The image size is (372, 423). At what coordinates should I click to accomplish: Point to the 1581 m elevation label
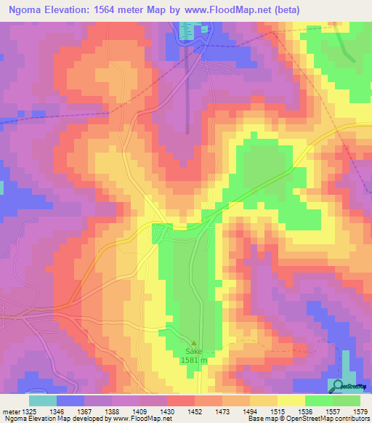[x=195, y=360]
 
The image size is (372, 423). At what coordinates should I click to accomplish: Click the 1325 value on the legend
[x=30, y=412]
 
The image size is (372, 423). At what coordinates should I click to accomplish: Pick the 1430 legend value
[x=168, y=412]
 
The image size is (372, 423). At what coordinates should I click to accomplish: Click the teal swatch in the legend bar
[x=43, y=400]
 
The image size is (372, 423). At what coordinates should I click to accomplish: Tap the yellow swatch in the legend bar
[x=291, y=400]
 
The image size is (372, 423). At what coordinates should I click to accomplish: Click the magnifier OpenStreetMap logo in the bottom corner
[x=336, y=387]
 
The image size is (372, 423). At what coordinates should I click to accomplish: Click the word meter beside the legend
[x=10, y=412]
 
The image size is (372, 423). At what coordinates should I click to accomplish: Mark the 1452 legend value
[x=195, y=412]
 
